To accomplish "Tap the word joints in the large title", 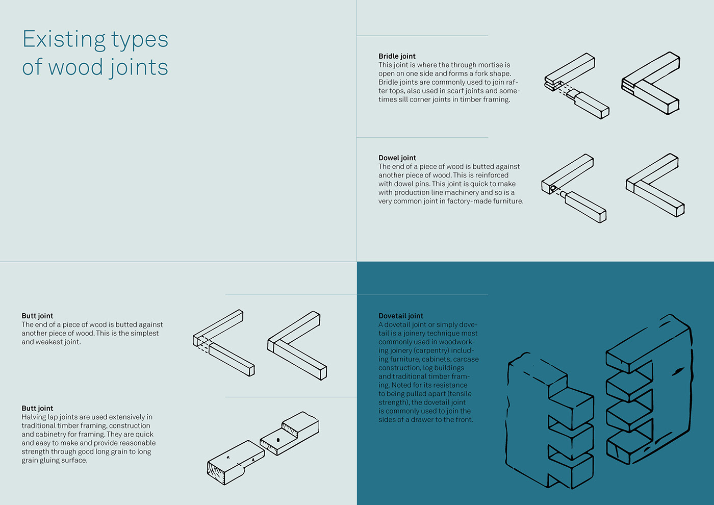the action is pyautogui.click(x=138, y=67).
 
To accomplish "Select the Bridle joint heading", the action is pyautogui.click(x=397, y=57).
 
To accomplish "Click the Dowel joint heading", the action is pyautogui.click(x=397, y=158).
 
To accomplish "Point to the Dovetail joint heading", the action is pyautogui.click(x=401, y=316).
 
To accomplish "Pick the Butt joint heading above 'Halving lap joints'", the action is pyautogui.click(x=37, y=409).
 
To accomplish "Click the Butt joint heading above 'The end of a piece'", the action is pyautogui.click(x=37, y=316).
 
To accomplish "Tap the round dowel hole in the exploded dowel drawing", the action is pyautogui.click(x=553, y=188).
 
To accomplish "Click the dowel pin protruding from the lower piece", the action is pyautogui.click(x=563, y=193).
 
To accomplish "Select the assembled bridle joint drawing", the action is pyautogui.click(x=651, y=83).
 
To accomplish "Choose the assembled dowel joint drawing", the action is pyautogui.click(x=655, y=185).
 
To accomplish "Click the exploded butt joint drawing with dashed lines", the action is pyautogui.click(x=224, y=343).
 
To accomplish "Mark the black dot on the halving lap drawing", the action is pyautogui.click(x=278, y=440).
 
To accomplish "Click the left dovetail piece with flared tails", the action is pyautogui.click(x=550, y=420).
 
